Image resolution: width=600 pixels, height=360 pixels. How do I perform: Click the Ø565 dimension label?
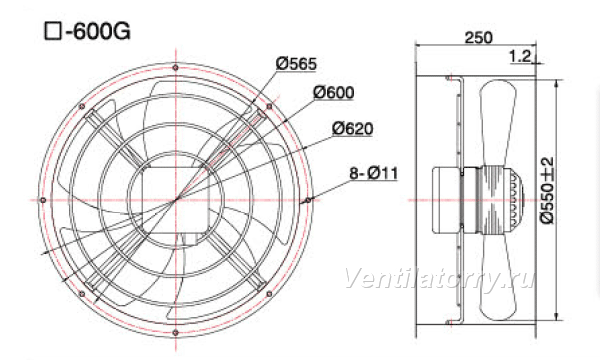coord(296,64)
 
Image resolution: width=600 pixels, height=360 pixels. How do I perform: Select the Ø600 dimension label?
coord(334,92)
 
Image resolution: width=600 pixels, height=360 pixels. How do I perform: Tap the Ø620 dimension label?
coord(352,129)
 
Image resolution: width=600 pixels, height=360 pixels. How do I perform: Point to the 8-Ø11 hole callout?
coord(374,173)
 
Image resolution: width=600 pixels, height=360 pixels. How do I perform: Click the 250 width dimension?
coord(478,37)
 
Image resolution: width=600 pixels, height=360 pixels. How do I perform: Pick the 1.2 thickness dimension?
coord(520,57)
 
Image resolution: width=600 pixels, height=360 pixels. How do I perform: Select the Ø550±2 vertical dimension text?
coord(547,190)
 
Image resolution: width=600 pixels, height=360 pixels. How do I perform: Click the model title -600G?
coord(98,31)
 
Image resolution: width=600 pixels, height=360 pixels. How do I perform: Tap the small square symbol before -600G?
coord(53,31)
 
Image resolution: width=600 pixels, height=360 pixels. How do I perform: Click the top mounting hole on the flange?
coord(176,68)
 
